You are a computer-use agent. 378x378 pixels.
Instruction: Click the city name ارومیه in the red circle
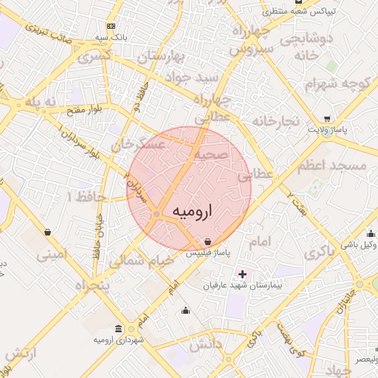point(191,211)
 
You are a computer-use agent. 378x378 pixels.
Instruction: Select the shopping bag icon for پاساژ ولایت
point(327,118)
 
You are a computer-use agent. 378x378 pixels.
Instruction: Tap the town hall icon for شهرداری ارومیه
point(120,329)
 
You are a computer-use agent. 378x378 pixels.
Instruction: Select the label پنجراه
point(92,285)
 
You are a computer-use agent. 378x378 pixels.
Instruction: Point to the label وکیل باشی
point(360,244)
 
